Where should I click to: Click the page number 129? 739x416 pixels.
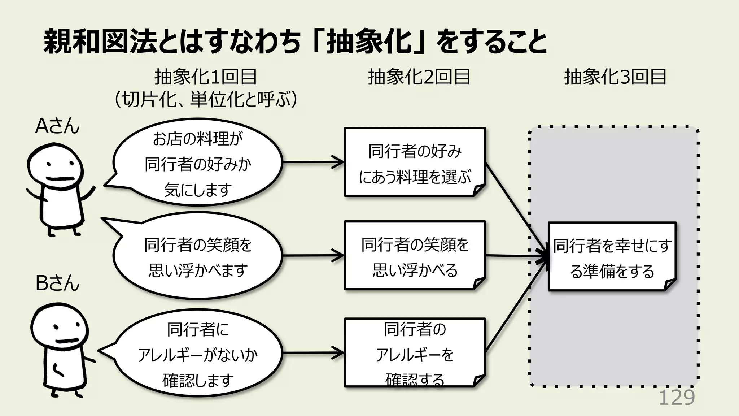677,398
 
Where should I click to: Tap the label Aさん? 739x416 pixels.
57,126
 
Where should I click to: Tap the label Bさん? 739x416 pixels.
57,283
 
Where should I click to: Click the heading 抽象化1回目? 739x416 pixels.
205,77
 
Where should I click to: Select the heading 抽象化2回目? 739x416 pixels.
419,77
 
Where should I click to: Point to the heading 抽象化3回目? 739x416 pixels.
615,77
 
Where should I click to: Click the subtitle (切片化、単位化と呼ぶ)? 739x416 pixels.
205,99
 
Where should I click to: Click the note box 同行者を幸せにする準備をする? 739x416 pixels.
612,257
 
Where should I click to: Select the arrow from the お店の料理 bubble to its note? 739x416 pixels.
312,162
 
